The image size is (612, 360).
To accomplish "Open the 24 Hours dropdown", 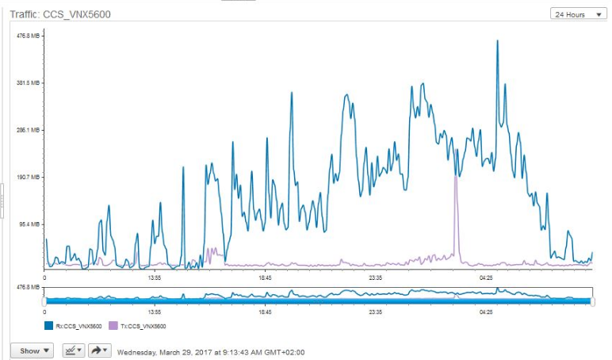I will coord(578,14).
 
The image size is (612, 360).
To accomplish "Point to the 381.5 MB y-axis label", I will coord(29,82).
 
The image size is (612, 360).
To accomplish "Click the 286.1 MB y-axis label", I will coord(29,130).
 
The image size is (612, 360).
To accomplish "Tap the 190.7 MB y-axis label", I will coord(29,177).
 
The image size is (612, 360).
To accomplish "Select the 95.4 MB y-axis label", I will coord(30,224).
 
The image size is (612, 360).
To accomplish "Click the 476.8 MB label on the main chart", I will coord(29,36).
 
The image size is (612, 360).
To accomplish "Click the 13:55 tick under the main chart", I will coord(155,278).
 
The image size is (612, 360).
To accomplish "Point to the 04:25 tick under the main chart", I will coord(486,278).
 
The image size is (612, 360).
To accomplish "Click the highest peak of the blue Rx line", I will coord(497,40).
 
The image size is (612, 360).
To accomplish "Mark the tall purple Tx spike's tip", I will coord(456,177).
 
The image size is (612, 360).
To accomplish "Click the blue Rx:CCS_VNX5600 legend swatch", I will coord(48,326).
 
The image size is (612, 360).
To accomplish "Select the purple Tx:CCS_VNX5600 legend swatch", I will coord(113,326).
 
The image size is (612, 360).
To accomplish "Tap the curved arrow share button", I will coord(98,350).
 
